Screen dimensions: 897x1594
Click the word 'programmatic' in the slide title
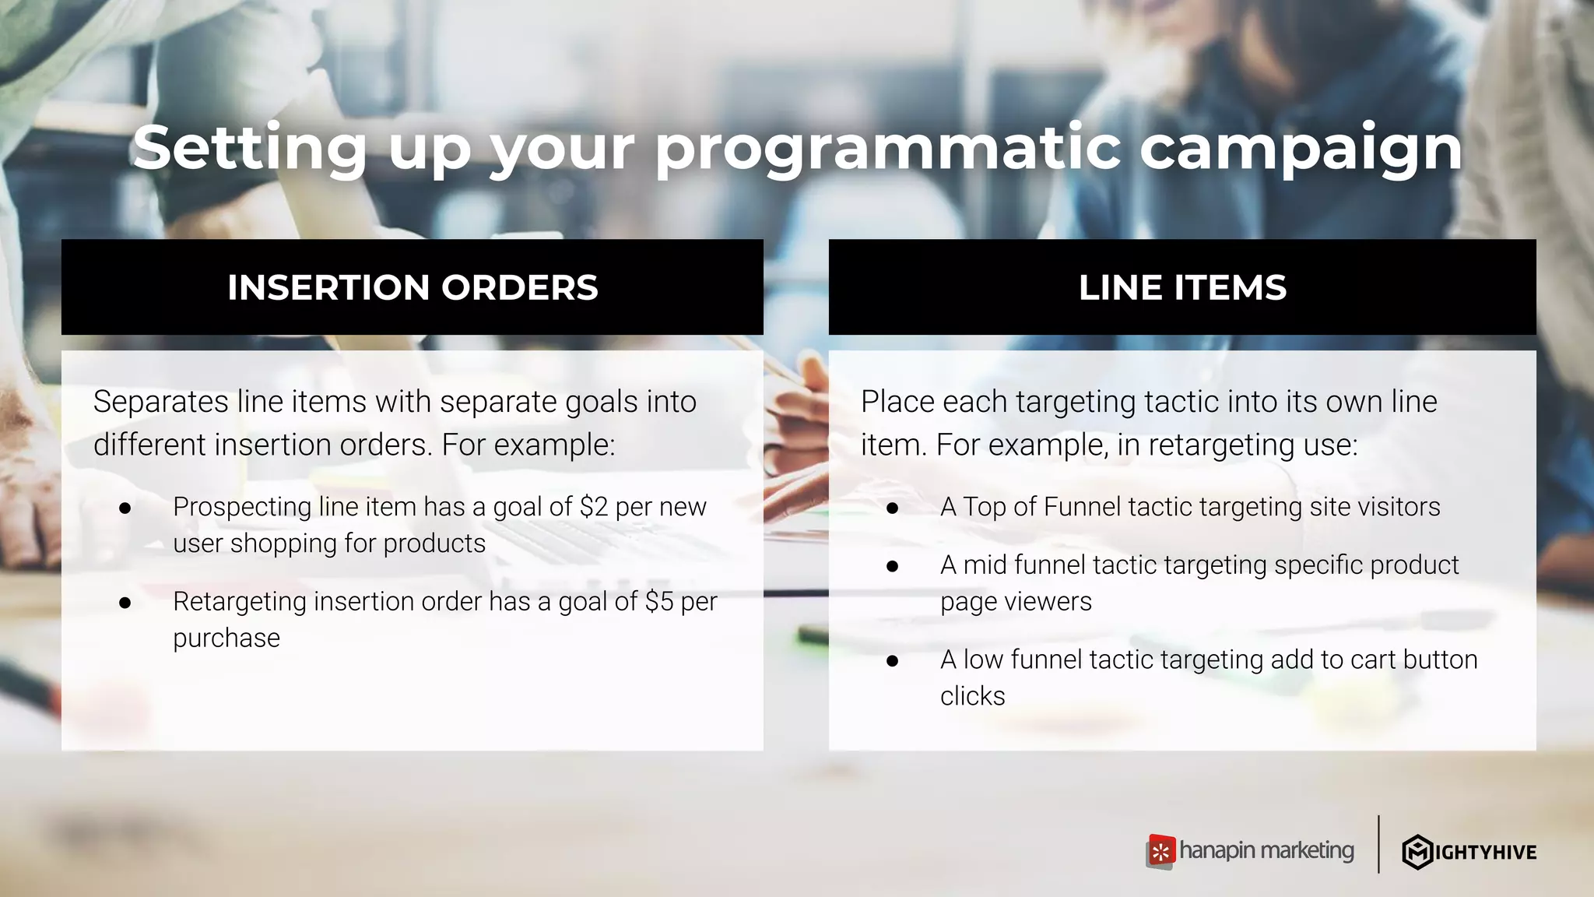coord(887,149)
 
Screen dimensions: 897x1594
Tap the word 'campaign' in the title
coord(1301,149)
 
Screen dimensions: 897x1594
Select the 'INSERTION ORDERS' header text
coord(413,287)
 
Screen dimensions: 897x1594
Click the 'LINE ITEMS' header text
coord(1182,287)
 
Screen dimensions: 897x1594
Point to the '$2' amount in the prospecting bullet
coord(593,507)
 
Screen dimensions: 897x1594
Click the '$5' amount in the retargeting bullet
coord(658,602)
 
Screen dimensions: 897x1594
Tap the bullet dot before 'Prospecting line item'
coord(125,508)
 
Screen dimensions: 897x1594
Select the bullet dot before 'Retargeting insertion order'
coord(125,603)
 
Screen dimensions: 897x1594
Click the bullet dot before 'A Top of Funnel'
coord(892,508)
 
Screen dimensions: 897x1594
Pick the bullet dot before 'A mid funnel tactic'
coord(892,566)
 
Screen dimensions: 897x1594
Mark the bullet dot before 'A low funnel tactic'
coord(892,661)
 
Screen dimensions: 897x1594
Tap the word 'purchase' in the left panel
coord(226,638)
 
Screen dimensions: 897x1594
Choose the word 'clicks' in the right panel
coord(972,696)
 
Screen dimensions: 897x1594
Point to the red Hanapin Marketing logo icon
coord(1160,852)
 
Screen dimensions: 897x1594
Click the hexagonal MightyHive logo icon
coord(1417,852)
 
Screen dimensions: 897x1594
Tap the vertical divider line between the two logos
coord(1378,844)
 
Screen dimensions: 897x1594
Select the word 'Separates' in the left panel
coord(160,402)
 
